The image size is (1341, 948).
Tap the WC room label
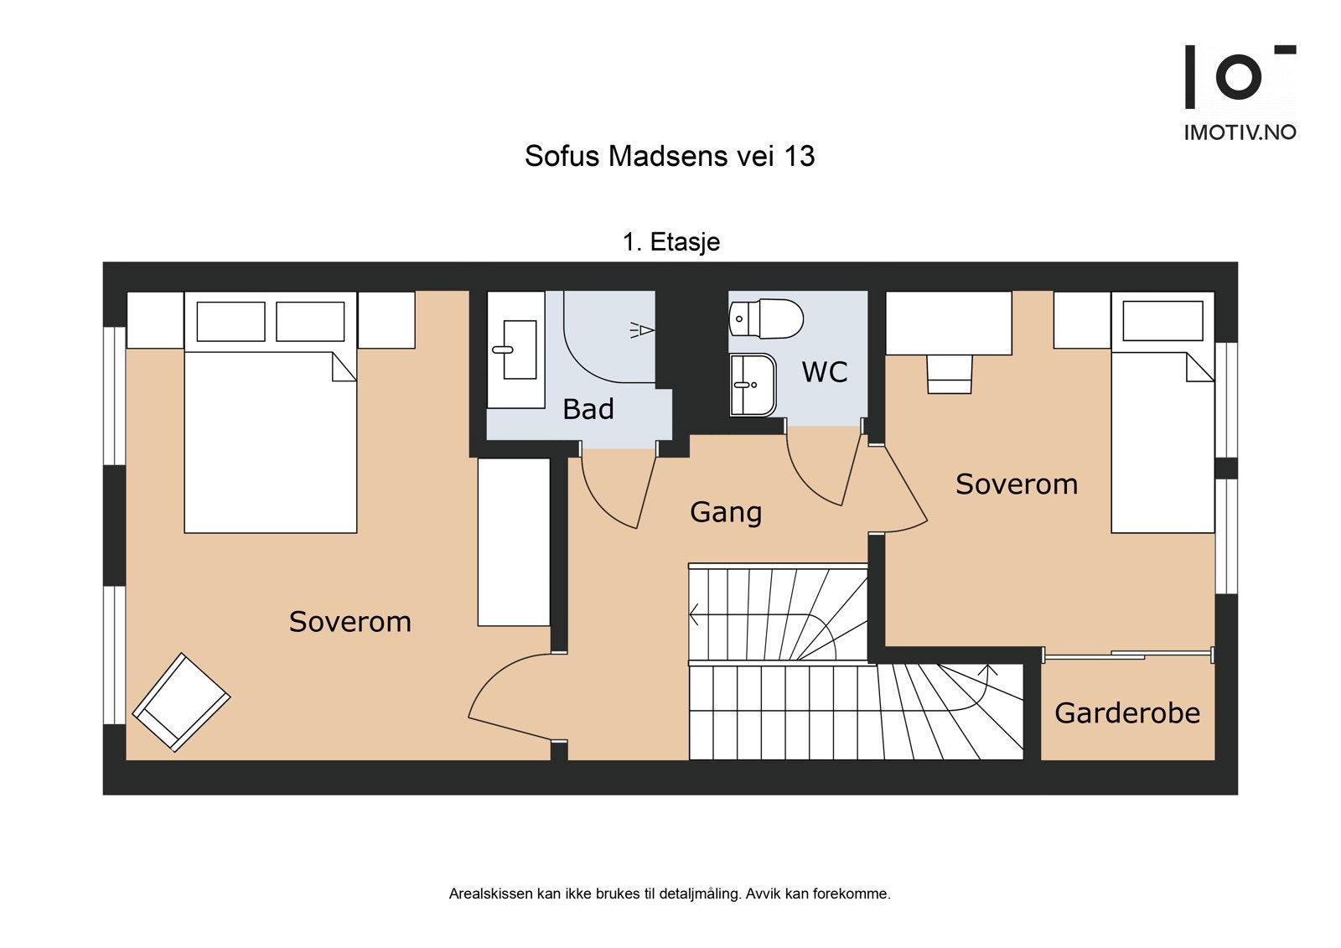click(x=825, y=372)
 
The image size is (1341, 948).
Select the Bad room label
click(x=588, y=409)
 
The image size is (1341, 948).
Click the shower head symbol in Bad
click(x=642, y=330)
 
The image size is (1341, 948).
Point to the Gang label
click(x=726, y=512)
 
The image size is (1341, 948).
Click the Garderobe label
click(x=1126, y=713)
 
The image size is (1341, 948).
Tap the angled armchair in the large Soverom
click(x=181, y=702)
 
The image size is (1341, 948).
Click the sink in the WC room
click(x=753, y=385)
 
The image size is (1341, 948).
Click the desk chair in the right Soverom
click(x=949, y=374)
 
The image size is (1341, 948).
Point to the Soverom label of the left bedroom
click(x=349, y=622)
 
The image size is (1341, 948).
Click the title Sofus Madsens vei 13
click(x=670, y=157)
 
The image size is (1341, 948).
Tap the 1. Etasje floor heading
click(x=670, y=242)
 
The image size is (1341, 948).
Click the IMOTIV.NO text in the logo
click(x=1239, y=132)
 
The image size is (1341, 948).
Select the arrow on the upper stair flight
click(x=695, y=615)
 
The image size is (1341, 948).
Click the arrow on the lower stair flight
click(x=988, y=670)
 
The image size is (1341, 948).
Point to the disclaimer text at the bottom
click(x=670, y=894)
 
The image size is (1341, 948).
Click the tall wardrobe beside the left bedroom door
click(x=514, y=541)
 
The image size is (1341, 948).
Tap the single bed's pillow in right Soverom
click(x=1162, y=320)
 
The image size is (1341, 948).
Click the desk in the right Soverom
click(x=948, y=323)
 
